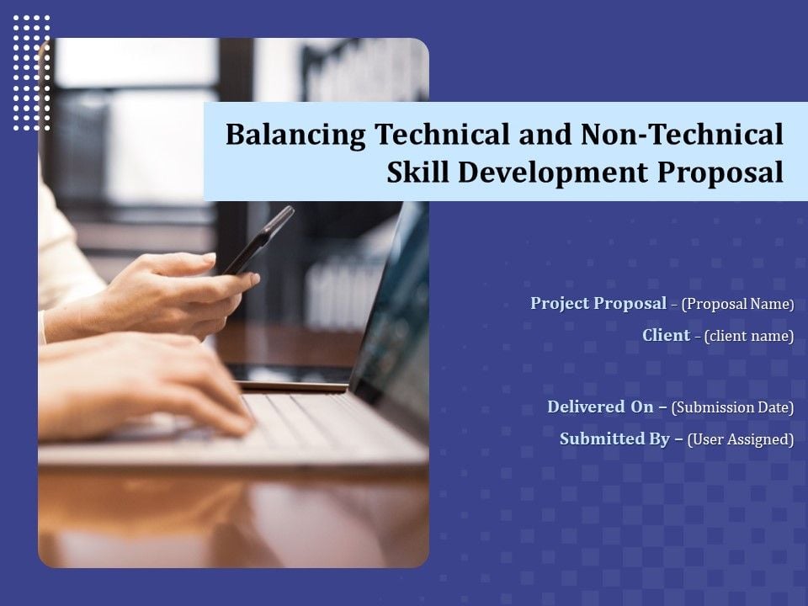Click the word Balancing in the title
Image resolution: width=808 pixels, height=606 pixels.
pos(295,136)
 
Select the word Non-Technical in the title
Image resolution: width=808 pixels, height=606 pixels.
pos(682,134)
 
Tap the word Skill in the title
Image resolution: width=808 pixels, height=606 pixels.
pos(418,172)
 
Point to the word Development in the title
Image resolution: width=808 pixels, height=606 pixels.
pos(552,173)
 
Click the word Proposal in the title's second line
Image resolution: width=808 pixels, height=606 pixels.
pos(720,173)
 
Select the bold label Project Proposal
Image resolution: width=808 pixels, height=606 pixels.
pos(598,303)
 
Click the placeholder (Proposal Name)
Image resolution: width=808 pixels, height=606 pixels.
pos(737,304)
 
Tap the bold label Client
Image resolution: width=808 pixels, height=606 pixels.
pos(666,335)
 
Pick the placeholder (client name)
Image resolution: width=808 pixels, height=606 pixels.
pos(749,336)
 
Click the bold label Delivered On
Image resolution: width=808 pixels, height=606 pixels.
pos(600,407)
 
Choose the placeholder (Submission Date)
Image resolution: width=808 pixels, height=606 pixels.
pos(732,407)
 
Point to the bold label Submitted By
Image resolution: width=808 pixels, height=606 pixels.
pos(614,439)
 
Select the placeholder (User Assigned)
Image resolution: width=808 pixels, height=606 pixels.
pos(741,439)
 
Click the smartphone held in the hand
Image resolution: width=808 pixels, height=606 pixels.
pos(258,240)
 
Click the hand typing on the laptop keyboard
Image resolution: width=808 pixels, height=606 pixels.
pos(144,386)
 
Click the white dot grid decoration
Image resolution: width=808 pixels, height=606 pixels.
pos(32,72)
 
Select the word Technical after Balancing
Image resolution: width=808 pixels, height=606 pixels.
pos(442,134)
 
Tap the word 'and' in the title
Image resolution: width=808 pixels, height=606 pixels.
pos(545,134)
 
